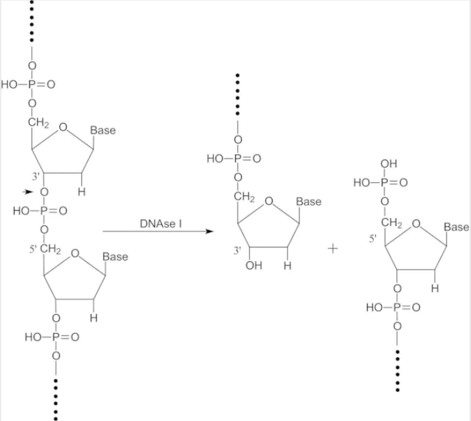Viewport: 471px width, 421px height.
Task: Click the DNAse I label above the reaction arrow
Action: [x=161, y=223]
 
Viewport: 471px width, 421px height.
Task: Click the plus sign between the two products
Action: [x=332, y=249]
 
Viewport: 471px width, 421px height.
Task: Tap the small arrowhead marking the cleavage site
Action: [x=28, y=192]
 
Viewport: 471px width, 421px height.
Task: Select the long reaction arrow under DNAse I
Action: [x=158, y=231]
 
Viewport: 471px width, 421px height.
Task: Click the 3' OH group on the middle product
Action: [x=254, y=265]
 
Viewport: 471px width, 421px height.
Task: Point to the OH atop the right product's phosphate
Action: [x=388, y=164]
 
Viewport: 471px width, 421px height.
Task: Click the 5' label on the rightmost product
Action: [x=372, y=238]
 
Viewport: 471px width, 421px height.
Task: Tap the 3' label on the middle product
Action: [x=237, y=250]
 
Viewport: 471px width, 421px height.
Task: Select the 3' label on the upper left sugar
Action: [x=36, y=176]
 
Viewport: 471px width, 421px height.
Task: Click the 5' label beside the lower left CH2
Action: [x=33, y=249]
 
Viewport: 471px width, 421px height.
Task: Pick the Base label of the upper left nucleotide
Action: [x=103, y=130]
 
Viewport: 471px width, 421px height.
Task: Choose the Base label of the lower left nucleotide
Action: [x=115, y=257]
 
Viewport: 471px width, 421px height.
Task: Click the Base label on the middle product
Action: [x=308, y=202]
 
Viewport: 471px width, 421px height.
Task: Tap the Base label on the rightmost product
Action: [x=456, y=227]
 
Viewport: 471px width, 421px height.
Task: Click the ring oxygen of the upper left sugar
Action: [x=63, y=127]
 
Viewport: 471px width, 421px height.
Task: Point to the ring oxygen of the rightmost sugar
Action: [x=416, y=223]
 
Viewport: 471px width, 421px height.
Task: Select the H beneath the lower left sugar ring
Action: [x=94, y=317]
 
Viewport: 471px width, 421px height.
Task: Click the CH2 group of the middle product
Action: [x=244, y=197]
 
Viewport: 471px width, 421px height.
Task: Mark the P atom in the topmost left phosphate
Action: [x=32, y=84]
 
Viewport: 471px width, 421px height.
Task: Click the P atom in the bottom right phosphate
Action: [x=397, y=307]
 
